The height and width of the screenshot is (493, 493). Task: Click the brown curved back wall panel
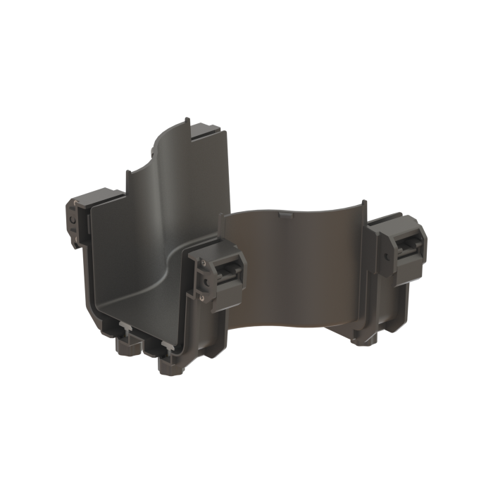(x=296, y=261)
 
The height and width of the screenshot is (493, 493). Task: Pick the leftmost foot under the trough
(x=125, y=348)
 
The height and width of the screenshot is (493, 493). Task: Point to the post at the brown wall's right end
(x=363, y=211)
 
